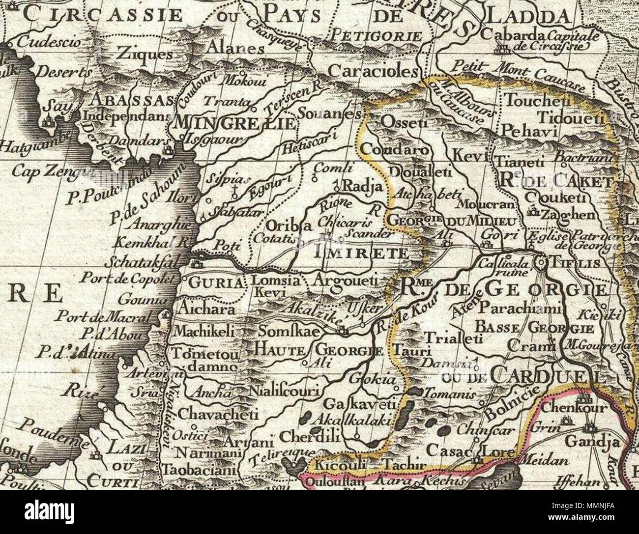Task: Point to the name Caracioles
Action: pos(373,72)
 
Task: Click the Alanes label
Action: pos(235,48)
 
